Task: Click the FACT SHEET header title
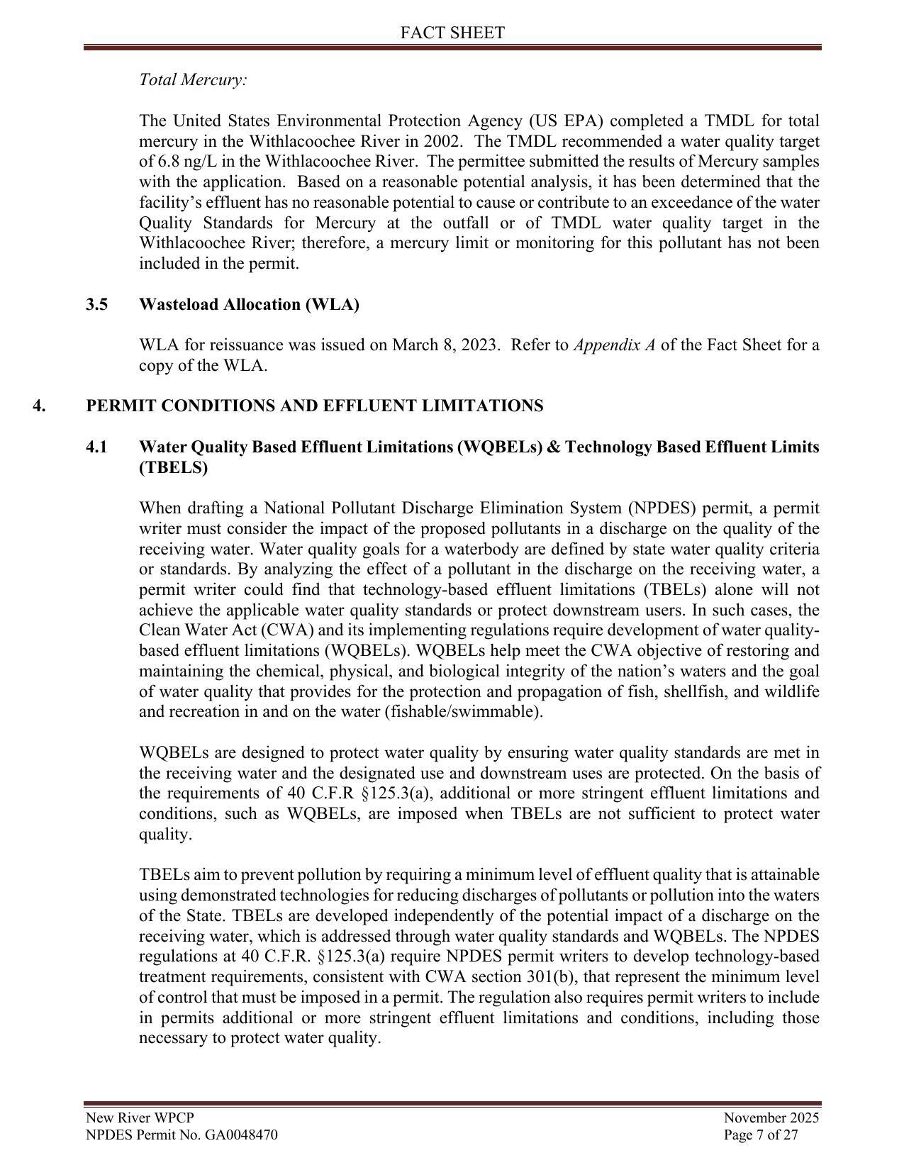pos(452,33)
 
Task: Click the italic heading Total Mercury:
pos(193,79)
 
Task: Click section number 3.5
pos(97,304)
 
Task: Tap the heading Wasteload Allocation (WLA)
pos(249,304)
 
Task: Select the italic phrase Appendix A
pos(614,345)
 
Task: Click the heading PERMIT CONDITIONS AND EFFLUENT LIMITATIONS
pos(315,406)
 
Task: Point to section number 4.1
pos(97,447)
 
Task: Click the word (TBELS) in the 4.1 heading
pos(174,468)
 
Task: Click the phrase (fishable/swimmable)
pos(464,712)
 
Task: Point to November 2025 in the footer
pos(771,1118)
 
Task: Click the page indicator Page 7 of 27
pos(761,1135)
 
